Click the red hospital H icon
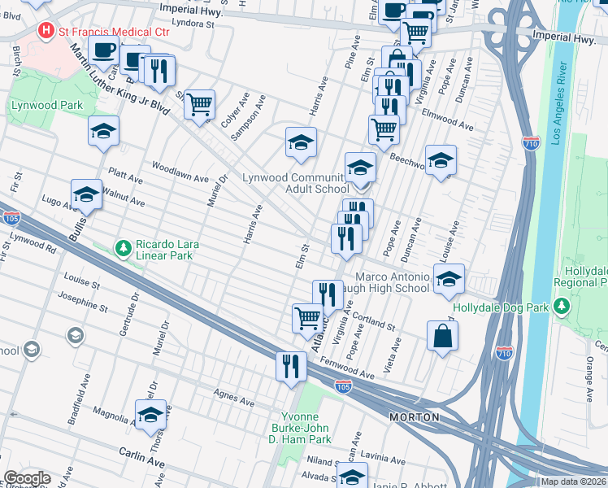tap(47, 32)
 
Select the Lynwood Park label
tap(36, 106)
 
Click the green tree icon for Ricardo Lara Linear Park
tap(123, 246)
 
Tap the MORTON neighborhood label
tap(414, 417)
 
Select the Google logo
tap(26, 478)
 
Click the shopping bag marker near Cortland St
tap(442, 336)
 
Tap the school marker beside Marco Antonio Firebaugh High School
tap(449, 279)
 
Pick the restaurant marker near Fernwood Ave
tap(290, 365)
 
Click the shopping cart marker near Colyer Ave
tap(199, 104)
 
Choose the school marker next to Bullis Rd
tap(86, 194)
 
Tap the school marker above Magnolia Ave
tap(150, 415)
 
